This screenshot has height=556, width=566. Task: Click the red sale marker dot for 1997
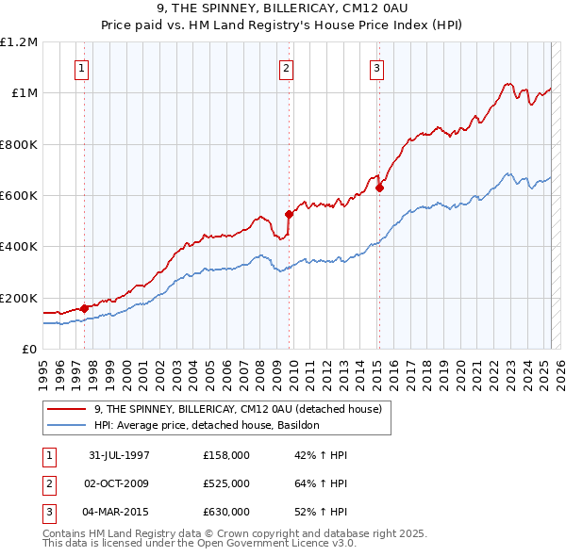pyautogui.click(x=84, y=307)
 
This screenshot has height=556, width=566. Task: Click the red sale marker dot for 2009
pyautogui.click(x=289, y=214)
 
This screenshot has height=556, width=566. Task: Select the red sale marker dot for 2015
pyautogui.click(x=379, y=188)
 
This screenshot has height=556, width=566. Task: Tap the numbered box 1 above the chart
pyautogui.click(x=81, y=67)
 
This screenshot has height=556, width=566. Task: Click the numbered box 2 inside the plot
pyautogui.click(x=286, y=67)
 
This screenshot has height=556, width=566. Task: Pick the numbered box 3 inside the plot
pyautogui.click(x=376, y=67)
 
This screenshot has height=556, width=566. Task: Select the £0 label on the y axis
pyautogui.click(x=30, y=350)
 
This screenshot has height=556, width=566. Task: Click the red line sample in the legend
pyautogui.click(x=66, y=410)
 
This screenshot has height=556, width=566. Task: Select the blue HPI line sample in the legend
pyautogui.click(x=66, y=425)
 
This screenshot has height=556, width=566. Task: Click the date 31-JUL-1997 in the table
pyautogui.click(x=119, y=455)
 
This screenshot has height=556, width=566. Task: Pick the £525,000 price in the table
pyautogui.click(x=225, y=483)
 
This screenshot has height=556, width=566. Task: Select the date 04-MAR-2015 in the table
pyautogui.click(x=119, y=512)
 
